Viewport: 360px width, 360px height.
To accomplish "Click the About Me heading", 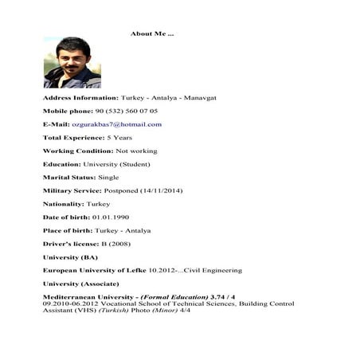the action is pos(152,33).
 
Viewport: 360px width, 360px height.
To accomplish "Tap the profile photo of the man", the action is pos(72,62).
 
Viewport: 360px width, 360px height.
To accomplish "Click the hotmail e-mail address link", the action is pos(116,124).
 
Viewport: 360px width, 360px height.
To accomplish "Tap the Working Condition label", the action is pos(77,151).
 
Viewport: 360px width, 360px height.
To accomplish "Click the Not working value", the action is pos(136,151).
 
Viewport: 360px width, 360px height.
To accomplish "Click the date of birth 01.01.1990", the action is pos(110,217).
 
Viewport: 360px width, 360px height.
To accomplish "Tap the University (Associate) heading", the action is pos(80,284).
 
